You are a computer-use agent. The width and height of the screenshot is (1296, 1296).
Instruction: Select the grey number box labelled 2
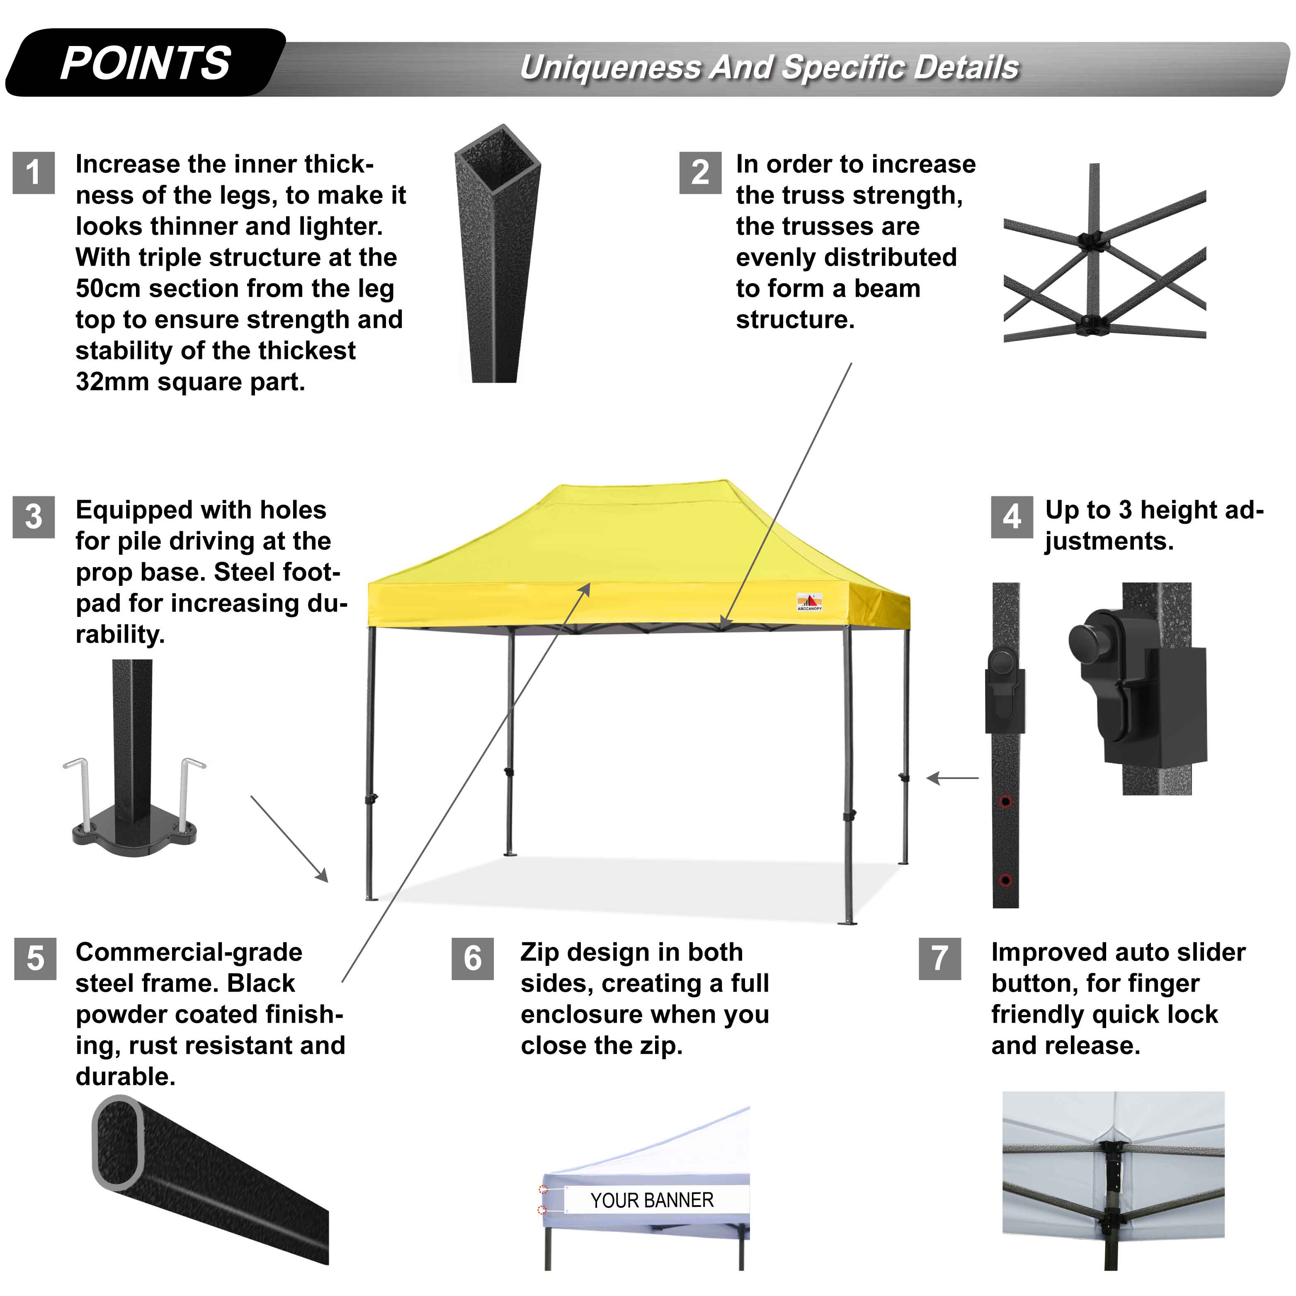click(700, 172)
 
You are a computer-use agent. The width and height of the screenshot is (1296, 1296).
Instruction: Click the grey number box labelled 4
click(1012, 517)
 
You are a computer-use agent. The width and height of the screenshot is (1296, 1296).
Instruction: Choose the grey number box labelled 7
click(939, 959)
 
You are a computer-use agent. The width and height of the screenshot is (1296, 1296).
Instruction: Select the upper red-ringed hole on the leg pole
click(1005, 802)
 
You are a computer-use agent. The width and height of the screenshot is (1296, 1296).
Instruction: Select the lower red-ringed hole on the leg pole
click(1005, 880)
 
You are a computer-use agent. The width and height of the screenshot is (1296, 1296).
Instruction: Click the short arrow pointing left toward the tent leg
click(953, 778)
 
